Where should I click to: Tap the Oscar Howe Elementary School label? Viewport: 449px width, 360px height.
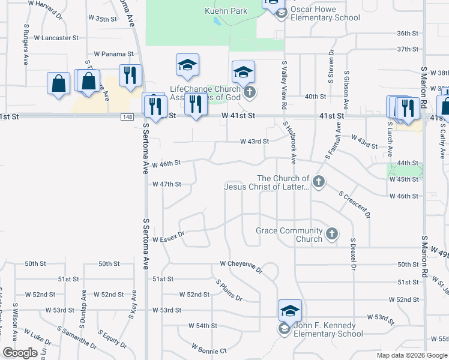pyautogui.click(x=325, y=14)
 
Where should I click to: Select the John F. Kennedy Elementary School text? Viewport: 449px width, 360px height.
pyautogui.click(x=328, y=330)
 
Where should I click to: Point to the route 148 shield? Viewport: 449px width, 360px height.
pyautogui.click(x=127, y=116)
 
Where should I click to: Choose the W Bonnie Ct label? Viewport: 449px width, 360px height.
pyautogui.click(x=209, y=349)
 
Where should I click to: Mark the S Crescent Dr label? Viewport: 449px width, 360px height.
pyautogui.click(x=355, y=205)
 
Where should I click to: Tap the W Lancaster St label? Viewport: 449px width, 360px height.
pyautogui.click(x=56, y=38)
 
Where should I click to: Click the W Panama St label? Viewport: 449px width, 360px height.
pyautogui.click(x=113, y=54)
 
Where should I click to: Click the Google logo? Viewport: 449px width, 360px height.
pyautogui.click(x=20, y=353)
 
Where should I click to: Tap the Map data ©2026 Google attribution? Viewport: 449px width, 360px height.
pyautogui.click(x=412, y=355)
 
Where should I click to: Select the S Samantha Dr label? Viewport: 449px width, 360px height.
pyautogui.click(x=77, y=337)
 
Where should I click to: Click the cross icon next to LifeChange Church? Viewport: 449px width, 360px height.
pyautogui.click(x=250, y=93)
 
